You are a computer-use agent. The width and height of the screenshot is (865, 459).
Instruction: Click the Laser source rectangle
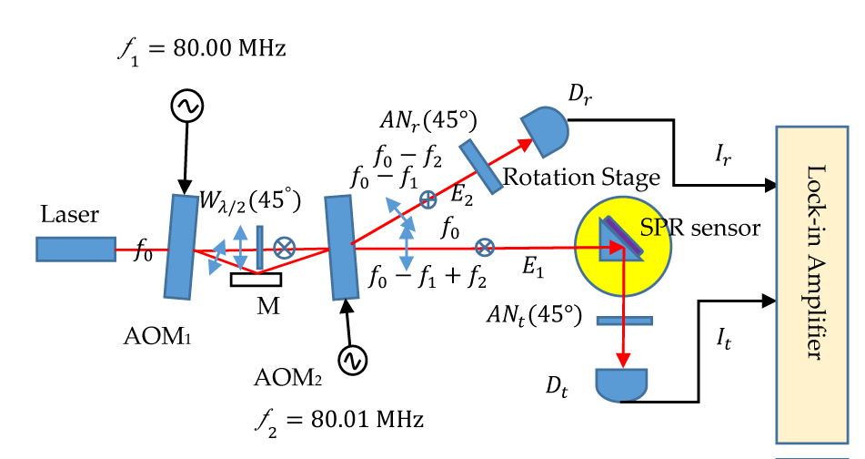pyautogui.click(x=75, y=248)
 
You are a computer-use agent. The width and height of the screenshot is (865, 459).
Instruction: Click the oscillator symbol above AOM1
pyautogui.click(x=186, y=107)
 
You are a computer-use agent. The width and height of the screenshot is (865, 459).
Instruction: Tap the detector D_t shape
pyautogui.click(x=621, y=383)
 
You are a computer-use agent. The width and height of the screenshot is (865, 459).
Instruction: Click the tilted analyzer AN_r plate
pyautogui.click(x=480, y=167)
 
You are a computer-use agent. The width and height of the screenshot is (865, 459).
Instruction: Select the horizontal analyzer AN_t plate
pyautogui.click(x=624, y=321)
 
